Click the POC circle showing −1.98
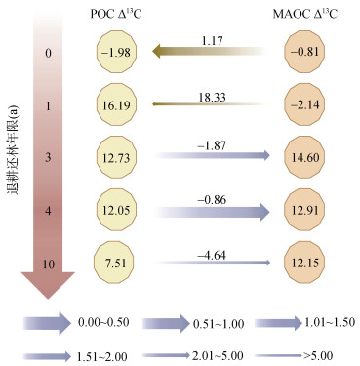(116, 52)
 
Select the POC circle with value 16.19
(116, 105)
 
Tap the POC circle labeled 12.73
(116, 157)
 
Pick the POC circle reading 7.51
(114, 263)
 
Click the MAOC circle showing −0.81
(304, 52)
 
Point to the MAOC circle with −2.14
(304, 104)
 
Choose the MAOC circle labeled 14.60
(304, 157)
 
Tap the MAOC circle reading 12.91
(304, 210)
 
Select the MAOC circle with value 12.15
(304, 263)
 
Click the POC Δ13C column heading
(116, 14)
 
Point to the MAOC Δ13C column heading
(305, 14)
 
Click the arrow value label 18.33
(212, 97)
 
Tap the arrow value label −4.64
(212, 255)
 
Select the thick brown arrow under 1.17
(212, 51)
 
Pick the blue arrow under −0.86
(213, 212)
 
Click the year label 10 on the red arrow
(48, 264)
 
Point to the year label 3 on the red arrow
(48, 158)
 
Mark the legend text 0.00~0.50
(103, 322)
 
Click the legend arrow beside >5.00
(279, 356)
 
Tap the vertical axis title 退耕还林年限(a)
(13, 149)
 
